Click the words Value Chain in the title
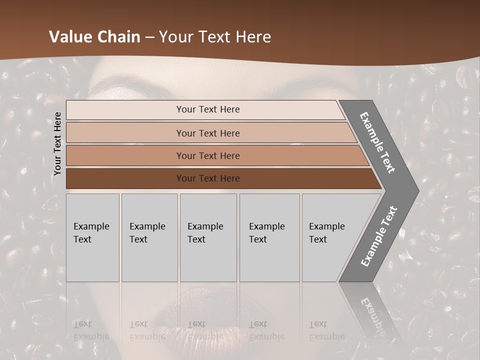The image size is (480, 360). point(94,37)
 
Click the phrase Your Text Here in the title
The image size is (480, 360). point(215,37)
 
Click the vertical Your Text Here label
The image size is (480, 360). point(57,143)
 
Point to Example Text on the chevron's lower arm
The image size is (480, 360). point(379,236)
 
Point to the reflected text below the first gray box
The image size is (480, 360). point(91,330)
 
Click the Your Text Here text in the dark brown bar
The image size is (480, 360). point(208,178)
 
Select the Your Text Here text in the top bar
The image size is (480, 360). point(208,109)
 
